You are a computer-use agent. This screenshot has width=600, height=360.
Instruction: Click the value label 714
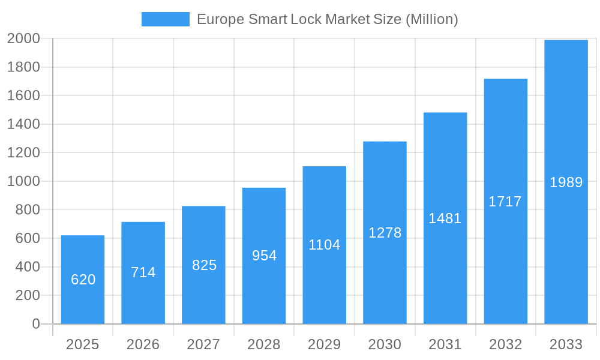[x=143, y=272]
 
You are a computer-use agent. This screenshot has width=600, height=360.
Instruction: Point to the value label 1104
[x=325, y=245]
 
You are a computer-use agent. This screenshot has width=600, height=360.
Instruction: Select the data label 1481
[x=445, y=218]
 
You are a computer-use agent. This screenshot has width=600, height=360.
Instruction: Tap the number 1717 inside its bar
[x=505, y=202]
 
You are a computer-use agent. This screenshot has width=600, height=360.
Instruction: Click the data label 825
[x=204, y=265]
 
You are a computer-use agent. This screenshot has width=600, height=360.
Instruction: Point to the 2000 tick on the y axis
[x=23, y=38]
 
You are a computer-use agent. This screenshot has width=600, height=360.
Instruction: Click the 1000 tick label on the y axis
[x=23, y=181]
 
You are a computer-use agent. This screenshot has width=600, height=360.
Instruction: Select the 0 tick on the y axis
[x=35, y=324]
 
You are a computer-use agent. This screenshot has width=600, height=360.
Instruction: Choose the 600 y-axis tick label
[x=28, y=238]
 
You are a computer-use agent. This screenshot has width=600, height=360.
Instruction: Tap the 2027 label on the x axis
[x=203, y=344]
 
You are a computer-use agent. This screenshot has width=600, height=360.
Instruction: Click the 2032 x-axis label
[x=505, y=344]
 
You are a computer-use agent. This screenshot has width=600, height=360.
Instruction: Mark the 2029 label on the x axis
[x=324, y=344]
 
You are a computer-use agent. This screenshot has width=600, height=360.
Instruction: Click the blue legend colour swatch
[x=165, y=19]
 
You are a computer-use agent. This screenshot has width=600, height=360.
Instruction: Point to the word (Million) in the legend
[x=432, y=19]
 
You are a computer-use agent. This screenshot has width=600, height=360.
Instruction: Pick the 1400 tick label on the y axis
[x=23, y=124]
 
